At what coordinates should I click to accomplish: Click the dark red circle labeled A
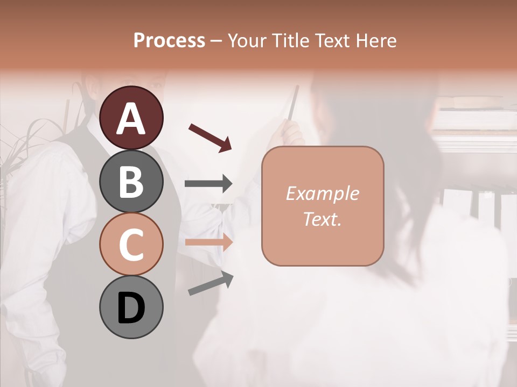(131, 118)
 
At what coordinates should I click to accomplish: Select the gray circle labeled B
(131, 181)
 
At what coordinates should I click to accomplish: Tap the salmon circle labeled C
(131, 245)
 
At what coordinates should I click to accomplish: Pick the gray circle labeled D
(131, 307)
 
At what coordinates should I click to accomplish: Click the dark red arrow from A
(210, 138)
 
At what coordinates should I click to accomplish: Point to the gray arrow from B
(208, 184)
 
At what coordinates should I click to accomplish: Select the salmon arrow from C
(208, 242)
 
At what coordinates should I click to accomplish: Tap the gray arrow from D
(211, 284)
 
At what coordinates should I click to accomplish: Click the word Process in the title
(169, 41)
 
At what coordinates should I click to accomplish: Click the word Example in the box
(322, 193)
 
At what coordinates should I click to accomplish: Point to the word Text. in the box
(322, 219)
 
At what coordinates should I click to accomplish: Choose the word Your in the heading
(248, 41)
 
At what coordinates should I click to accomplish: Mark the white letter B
(131, 181)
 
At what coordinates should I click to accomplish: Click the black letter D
(131, 308)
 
